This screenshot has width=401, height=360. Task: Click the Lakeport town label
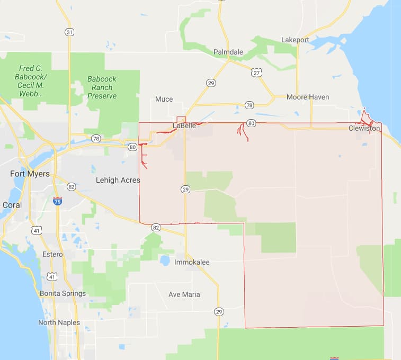(295, 40)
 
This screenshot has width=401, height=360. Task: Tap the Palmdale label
(228, 52)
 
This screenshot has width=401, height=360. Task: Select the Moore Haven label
(307, 97)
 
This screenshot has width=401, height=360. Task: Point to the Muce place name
(164, 99)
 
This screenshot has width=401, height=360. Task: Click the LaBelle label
(184, 125)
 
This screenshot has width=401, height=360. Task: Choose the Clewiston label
(364, 128)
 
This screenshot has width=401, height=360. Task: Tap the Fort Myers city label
(30, 174)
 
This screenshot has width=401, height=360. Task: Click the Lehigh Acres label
(118, 180)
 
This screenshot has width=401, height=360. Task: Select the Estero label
(52, 254)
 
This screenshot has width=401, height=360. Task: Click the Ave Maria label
(184, 294)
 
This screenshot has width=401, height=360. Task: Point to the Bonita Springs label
(63, 293)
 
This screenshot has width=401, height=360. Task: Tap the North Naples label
(59, 322)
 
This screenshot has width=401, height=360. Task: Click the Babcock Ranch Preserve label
(102, 87)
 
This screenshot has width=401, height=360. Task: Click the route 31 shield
(69, 32)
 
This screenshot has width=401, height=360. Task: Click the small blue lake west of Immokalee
(164, 260)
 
